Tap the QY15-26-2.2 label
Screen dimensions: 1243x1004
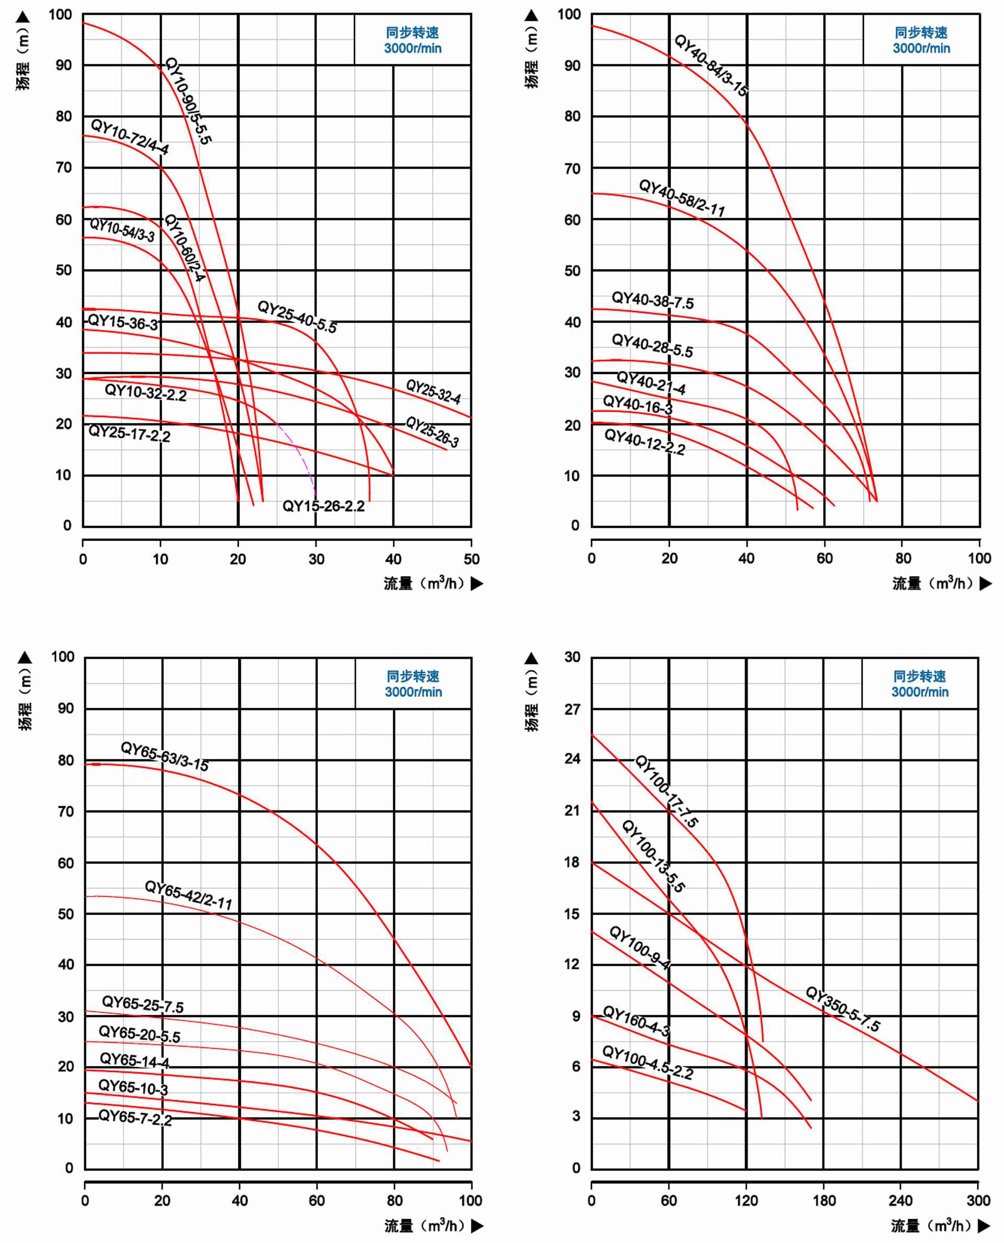pos(323,506)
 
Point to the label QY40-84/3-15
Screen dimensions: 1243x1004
pos(712,65)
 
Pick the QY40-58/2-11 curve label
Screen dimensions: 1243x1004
pos(681,198)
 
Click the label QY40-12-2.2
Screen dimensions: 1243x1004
pos(644,442)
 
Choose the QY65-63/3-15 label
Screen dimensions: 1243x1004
pos(164,756)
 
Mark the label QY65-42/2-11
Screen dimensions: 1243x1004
pos(188,895)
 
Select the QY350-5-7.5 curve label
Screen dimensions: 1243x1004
pos(843,1010)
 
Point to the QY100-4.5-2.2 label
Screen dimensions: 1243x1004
pos(647,1062)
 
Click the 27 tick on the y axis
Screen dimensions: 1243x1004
pos(572,709)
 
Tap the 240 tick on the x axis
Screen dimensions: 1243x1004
pos(900,1200)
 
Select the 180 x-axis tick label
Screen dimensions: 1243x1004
pos(823,1200)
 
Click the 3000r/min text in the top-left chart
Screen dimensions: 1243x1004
pos(412,49)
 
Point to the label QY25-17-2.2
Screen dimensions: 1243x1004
pos(129,433)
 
